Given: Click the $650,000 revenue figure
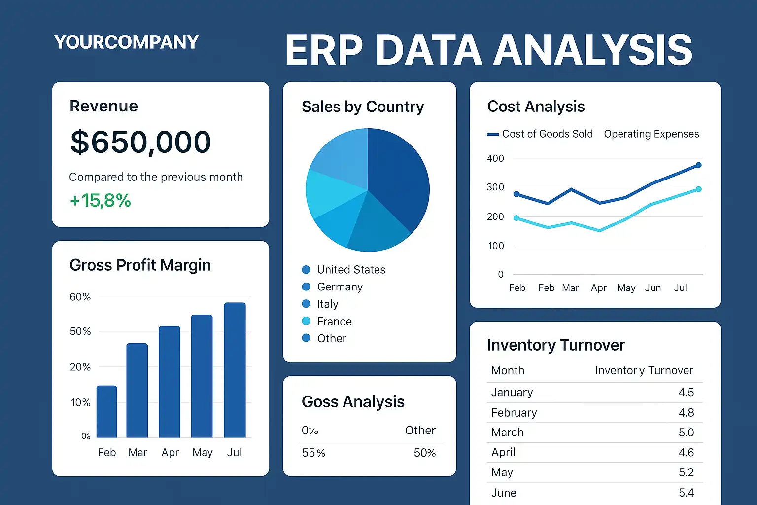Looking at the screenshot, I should pyautogui.click(x=140, y=143).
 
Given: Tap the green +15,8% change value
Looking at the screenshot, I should pyautogui.click(x=101, y=201).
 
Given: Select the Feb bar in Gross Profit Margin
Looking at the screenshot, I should pyautogui.click(x=106, y=412).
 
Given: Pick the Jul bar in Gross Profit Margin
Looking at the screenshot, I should pyautogui.click(x=235, y=370).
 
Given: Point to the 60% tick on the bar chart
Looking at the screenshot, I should pyautogui.click(x=80, y=297).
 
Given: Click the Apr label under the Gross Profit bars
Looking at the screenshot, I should pyautogui.click(x=170, y=453).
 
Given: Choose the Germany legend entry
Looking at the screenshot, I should pyautogui.click(x=340, y=287).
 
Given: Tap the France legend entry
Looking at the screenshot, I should pyautogui.click(x=334, y=322).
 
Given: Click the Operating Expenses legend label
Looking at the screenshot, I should pyautogui.click(x=651, y=134).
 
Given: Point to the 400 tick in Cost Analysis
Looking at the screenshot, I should pyautogui.click(x=495, y=158).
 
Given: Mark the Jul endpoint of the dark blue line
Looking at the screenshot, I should pyautogui.click(x=698, y=165).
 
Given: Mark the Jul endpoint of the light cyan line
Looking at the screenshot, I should pyautogui.click(x=698, y=189).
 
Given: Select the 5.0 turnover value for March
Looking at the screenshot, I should pyautogui.click(x=686, y=433).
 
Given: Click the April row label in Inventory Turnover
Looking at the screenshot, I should pyautogui.click(x=503, y=452).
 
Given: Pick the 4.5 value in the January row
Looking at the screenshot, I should pyautogui.click(x=686, y=392).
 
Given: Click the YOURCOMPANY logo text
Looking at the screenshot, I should pyautogui.click(x=126, y=42).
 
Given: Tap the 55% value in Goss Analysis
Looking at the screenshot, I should pyautogui.click(x=313, y=453).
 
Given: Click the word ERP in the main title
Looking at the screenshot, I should pyautogui.click(x=324, y=50).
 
